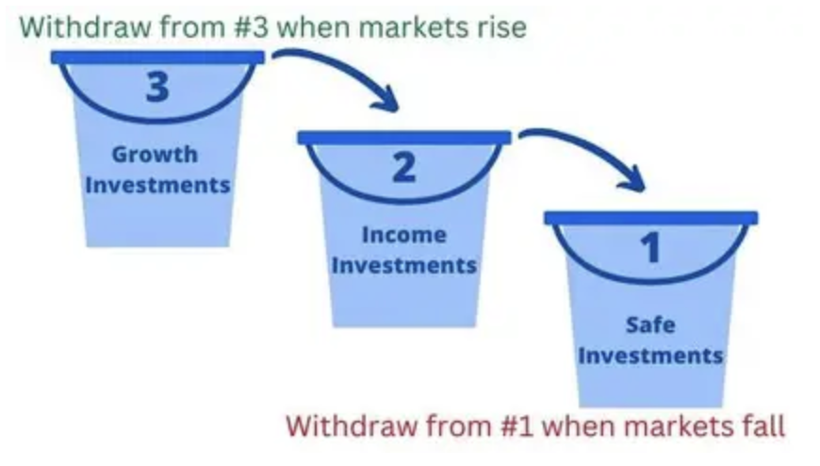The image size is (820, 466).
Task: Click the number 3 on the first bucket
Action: (157, 86)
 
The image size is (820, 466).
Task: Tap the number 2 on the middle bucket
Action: (404, 167)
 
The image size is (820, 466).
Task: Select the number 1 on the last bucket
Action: (651, 247)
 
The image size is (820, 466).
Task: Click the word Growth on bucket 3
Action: (155, 155)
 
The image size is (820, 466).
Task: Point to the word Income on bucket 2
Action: (404, 235)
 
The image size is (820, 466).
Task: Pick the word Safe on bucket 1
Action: (650, 325)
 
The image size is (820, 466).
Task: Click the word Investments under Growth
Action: (157, 185)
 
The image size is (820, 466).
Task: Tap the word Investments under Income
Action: (404, 265)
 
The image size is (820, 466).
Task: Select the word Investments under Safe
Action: (651, 356)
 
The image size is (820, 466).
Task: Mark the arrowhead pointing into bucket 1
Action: (633, 180)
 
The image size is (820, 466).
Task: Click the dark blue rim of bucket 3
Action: (157, 58)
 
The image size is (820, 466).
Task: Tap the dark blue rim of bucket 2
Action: (404, 137)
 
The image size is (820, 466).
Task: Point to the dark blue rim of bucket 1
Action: (651, 217)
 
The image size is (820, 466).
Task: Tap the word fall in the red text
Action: (764, 425)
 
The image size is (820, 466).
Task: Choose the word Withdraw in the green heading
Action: (85, 26)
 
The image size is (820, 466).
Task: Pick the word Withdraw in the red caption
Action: (352, 425)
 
